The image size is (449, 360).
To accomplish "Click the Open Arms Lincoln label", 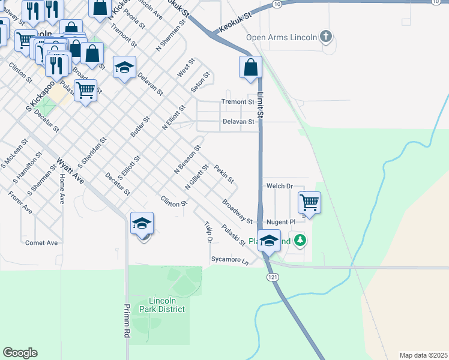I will point(282,37).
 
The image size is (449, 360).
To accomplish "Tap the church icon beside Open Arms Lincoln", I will point(326,37).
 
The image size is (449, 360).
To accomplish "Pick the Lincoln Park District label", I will point(162,304).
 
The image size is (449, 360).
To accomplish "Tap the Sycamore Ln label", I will point(229,260).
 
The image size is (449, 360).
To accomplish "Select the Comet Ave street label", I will point(41,242).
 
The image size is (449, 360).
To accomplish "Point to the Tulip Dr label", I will point(208,232).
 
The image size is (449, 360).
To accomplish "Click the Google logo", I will point(20,353).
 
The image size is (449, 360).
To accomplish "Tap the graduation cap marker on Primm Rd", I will point(142,224).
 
